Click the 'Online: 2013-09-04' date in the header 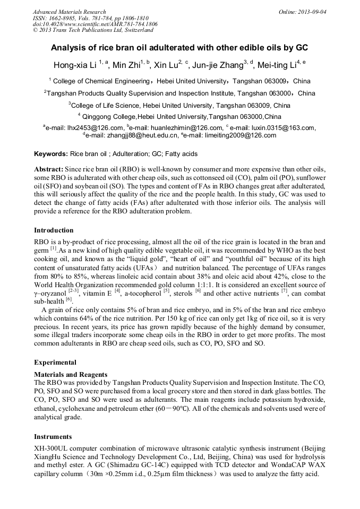tap(303, 12)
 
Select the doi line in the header tap(95, 24)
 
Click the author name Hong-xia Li tap(75, 66)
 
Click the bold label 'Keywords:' tap(51, 154)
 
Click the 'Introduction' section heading tap(54, 230)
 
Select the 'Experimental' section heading tap(55, 363)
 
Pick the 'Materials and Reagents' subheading tap(71, 375)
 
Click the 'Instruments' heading tap(53, 437)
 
